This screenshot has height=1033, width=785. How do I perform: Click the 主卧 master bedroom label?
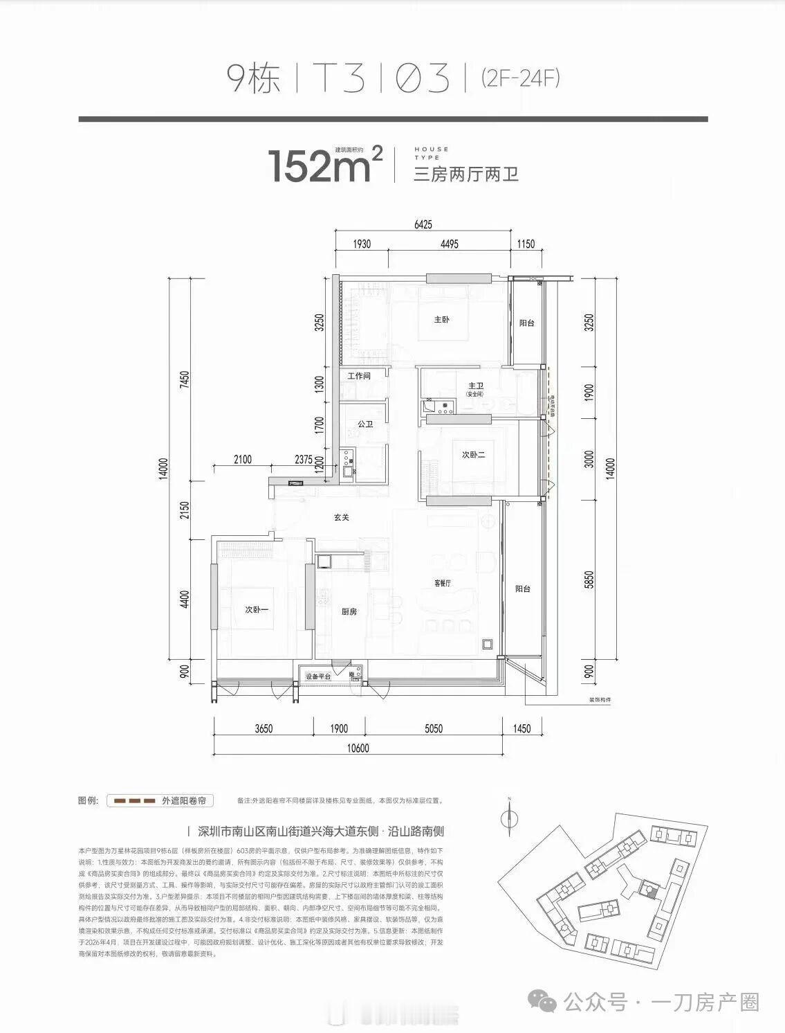pos(442,320)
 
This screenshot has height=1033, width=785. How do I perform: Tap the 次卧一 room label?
pos(256,609)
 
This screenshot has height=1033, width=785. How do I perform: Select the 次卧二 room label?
pos(473,455)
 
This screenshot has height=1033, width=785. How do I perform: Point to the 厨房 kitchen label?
pos(349,612)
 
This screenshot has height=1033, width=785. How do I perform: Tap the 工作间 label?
pos(359,377)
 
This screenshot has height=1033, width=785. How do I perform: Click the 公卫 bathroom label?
pos(365,424)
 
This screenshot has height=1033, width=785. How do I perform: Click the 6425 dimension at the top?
pos(423,224)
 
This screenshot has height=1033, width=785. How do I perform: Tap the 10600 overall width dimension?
pos(359,748)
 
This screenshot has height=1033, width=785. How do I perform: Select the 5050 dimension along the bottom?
pos(434,728)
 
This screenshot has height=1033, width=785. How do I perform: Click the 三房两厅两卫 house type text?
pos(465,174)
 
